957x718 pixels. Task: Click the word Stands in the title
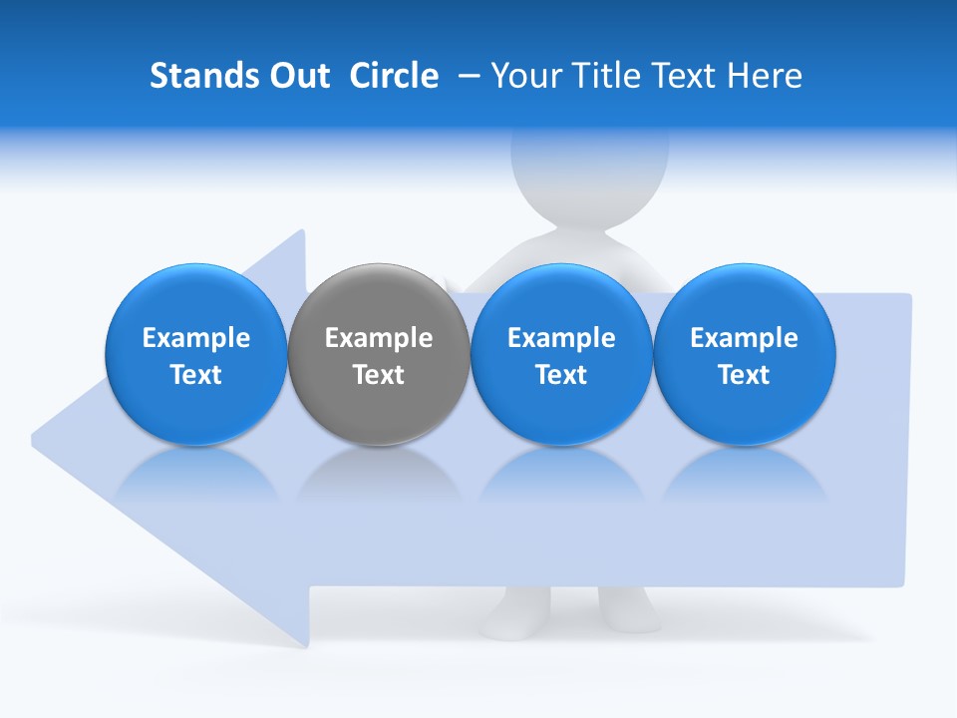[199, 76]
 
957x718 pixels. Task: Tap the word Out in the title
[296, 76]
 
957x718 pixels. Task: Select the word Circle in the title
[394, 76]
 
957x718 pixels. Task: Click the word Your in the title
[523, 76]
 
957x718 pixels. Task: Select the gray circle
[379, 354]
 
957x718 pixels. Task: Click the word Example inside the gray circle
[379, 338]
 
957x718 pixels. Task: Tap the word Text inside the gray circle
[379, 375]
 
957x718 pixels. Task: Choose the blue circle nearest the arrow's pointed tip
[196, 354]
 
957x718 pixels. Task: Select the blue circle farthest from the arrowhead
[745, 354]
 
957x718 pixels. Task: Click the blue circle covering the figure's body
[561, 354]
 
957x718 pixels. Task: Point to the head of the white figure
[588, 170]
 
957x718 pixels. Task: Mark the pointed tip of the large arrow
[35, 437]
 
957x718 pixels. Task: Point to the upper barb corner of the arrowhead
[302, 232]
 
